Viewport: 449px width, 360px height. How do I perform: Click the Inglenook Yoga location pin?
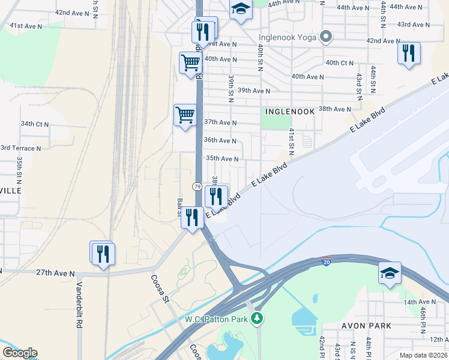pos(326,37)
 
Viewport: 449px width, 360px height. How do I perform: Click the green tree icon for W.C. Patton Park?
pos(258,317)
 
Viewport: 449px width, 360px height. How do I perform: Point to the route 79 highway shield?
pos(197,187)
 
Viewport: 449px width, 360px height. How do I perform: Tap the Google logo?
pos(19,353)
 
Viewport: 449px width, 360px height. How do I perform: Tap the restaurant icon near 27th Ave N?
pos(103,254)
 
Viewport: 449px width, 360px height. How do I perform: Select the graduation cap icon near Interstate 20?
pos(389,273)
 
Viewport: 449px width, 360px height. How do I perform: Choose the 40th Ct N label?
pos(339,63)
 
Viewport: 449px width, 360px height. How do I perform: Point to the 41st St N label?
pos(291,142)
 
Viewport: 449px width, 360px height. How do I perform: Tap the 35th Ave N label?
pos(223,159)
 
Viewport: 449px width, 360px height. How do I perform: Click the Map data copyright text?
pos(422,355)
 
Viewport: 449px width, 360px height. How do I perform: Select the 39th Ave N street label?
pos(253,91)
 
